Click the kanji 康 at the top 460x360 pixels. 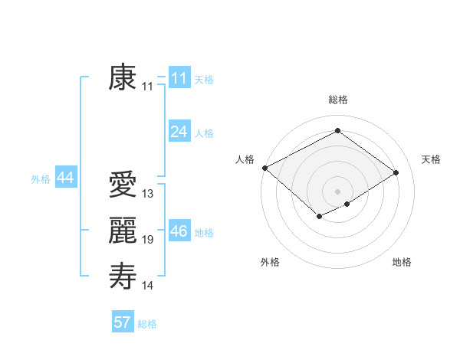point(123,78)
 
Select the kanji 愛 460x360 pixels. point(123,185)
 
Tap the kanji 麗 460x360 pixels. point(123,231)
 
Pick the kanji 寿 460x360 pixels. point(123,277)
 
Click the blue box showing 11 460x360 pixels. point(179,78)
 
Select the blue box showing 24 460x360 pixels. point(179,132)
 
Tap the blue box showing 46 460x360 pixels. point(179,231)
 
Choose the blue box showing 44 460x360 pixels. point(65,178)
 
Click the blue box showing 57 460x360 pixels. point(123,322)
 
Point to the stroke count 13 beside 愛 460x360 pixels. point(148,194)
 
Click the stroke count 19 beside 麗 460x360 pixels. point(148,240)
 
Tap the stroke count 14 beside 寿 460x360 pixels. point(148,286)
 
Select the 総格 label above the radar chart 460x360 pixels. point(337,100)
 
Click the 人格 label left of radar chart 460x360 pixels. point(245,159)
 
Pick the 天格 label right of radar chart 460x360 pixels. point(431,159)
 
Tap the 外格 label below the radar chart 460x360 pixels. point(270,262)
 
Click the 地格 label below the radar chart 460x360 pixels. point(402,262)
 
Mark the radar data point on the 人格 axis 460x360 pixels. point(264,168)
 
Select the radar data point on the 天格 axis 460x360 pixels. point(396,172)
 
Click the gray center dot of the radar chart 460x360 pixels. point(337,191)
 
